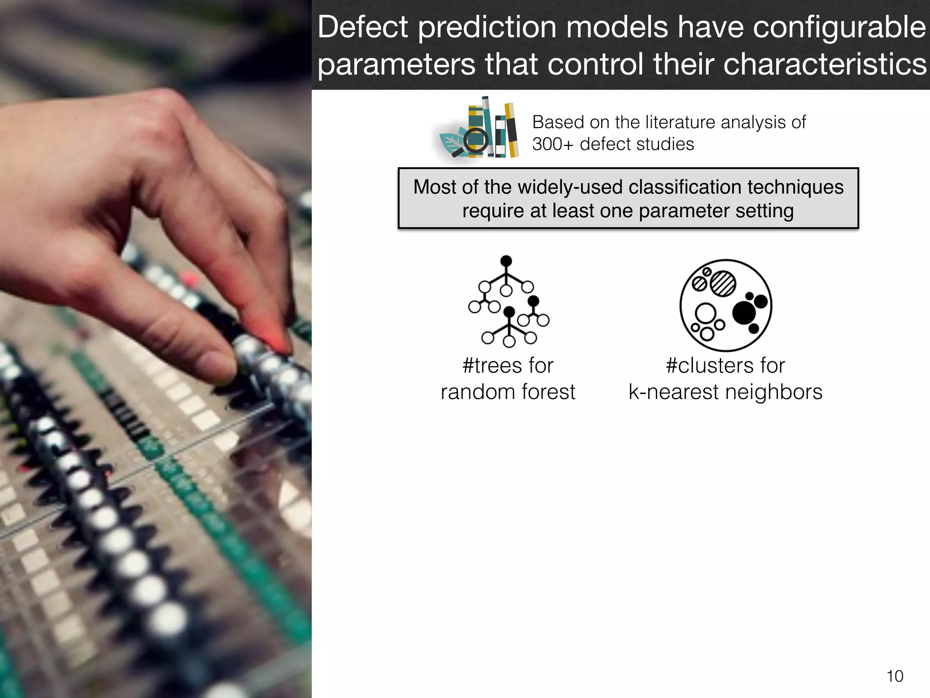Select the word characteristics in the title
[825, 65]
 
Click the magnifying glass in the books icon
[475, 140]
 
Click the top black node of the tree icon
[506, 261]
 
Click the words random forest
[508, 392]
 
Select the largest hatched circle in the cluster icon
[722, 284]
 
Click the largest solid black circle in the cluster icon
[744, 313]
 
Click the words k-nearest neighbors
[725, 392]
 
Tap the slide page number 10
[895, 676]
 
